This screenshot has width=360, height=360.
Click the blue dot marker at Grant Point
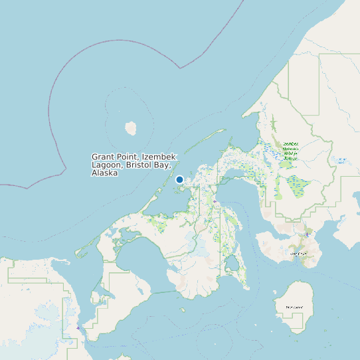[179, 179]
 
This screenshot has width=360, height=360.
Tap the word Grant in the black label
[103, 157]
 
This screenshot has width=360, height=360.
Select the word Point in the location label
[128, 157]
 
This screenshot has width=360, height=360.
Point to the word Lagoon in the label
[106, 165]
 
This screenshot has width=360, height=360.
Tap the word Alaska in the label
[105, 173]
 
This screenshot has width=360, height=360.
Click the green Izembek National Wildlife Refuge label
[291, 151]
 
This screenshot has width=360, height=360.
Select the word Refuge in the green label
[290, 159]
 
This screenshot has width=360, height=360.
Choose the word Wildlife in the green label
[291, 154]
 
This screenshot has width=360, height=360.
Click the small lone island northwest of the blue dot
[131, 127]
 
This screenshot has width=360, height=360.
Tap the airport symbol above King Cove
[307, 234]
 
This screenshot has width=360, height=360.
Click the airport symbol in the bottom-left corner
[78, 326]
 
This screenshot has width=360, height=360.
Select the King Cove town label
[298, 254]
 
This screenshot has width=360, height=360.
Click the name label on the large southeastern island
[294, 307]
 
